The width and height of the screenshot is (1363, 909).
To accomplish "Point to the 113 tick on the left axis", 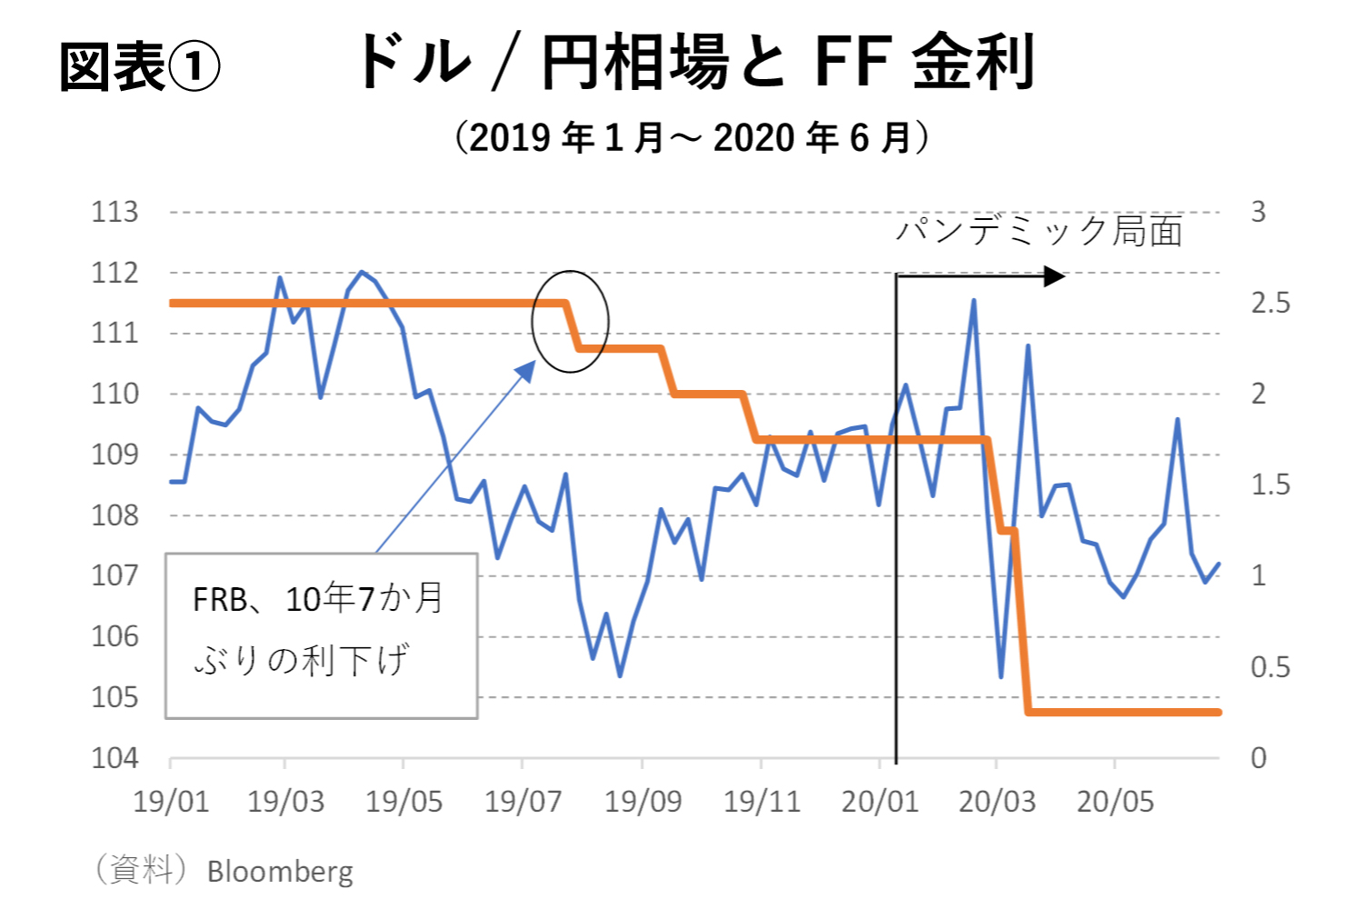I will tap(114, 212).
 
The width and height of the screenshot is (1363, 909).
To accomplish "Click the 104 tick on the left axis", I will tap(114, 757).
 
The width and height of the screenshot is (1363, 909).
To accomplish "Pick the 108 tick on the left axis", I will tap(114, 515).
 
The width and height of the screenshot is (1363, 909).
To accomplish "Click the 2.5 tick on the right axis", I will tap(1269, 303).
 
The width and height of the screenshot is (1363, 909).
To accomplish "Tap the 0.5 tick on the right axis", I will tap(1269, 667).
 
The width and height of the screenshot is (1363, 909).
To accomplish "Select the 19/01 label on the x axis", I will tap(171, 802).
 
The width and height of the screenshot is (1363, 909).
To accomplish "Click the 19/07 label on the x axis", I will tap(522, 802).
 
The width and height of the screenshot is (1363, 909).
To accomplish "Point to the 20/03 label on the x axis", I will tap(997, 802).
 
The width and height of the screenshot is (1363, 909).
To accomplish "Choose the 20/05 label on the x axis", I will tap(1115, 802).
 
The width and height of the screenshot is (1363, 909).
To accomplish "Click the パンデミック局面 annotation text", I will tap(1039, 231).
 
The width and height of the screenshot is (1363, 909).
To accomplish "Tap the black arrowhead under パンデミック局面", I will tap(1055, 275).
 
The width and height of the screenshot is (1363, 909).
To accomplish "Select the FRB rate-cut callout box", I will tap(322, 635).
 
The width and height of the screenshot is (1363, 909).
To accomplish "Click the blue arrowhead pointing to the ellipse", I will tap(528, 368).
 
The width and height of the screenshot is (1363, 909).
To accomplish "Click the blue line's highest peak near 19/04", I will tap(362, 272).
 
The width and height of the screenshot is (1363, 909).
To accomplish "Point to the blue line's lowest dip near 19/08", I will tap(620, 675).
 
